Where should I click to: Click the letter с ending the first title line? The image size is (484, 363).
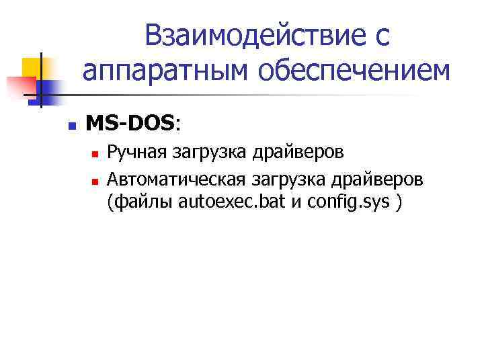tap(381, 38)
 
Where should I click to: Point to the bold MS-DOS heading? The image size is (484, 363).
tap(130, 123)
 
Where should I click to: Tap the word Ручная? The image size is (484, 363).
tap(137, 153)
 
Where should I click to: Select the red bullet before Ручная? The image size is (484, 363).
tap(95, 154)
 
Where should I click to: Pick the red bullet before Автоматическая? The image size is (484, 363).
tap(95, 181)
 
